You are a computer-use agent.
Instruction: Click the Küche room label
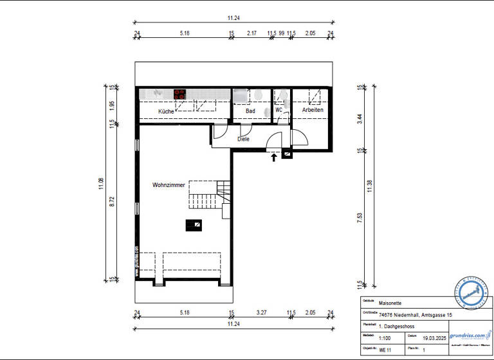[x=166, y=112]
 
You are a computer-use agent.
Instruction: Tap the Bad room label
[x=250, y=111]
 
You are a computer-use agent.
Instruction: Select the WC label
[x=279, y=110]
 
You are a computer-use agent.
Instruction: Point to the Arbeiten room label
[x=313, y=110]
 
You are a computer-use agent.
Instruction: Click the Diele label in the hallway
[x=243, y=138]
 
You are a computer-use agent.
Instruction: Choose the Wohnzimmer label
[x=169, y=185]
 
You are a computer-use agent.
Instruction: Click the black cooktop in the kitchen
[x=179, y=94]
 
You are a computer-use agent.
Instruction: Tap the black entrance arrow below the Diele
[x=275, y=156]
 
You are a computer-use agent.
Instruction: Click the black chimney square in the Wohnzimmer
[x=193, y=224]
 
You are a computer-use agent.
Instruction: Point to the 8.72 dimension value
[x=111, y=201]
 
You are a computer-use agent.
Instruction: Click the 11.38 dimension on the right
[x=369, y=186]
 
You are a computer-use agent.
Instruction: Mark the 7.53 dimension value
[x=360, y=218]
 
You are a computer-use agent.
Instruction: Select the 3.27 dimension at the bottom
[x=261, y=313]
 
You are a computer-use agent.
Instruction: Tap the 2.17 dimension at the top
[x=252, y=33]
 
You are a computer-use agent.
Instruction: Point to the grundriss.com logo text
[x=468, y=335]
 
